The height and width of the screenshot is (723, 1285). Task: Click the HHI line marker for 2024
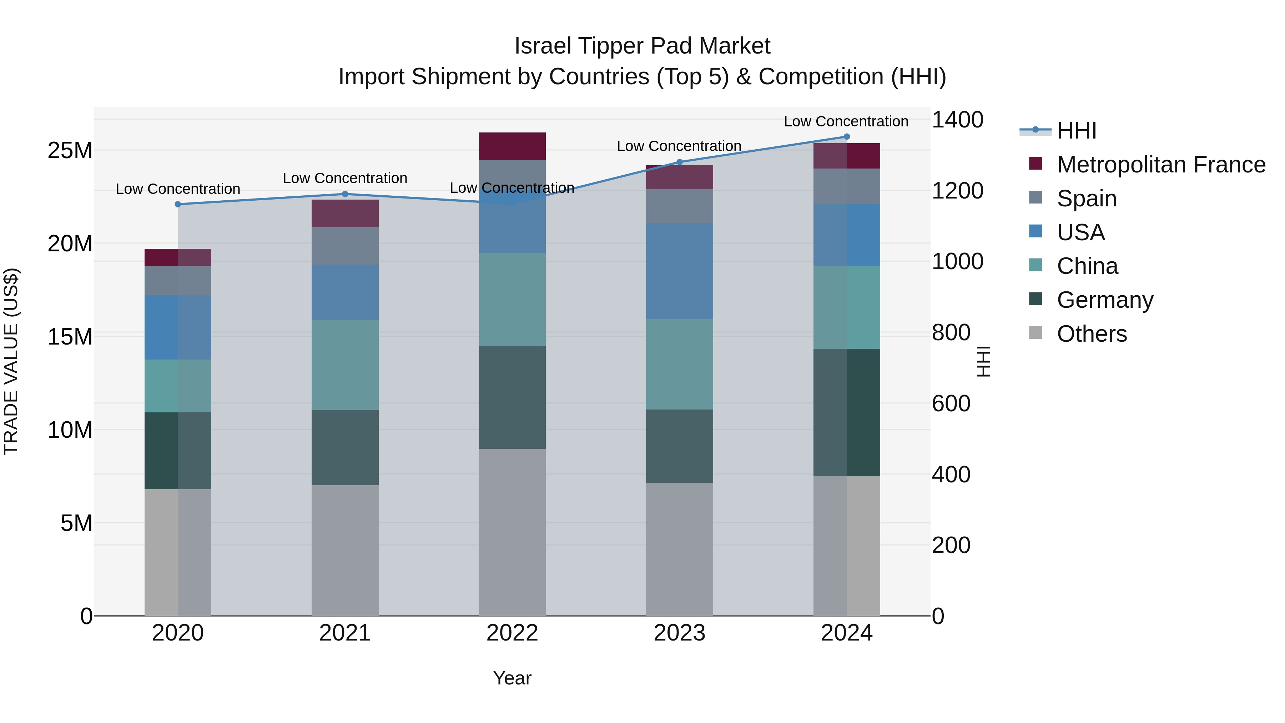click(847, 137)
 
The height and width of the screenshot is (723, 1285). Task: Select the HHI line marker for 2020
click(178, 204)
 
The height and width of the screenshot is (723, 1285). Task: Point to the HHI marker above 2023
click(679, 162)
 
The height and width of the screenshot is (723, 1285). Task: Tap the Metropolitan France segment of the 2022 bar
click(512, 146)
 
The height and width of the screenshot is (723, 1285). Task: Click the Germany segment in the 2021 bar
click(345, 448)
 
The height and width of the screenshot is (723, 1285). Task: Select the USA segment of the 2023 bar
click(679, 271)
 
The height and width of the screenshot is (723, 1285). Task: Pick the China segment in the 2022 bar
click(512, 300)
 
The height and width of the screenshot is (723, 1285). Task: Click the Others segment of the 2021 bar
click(345, 550)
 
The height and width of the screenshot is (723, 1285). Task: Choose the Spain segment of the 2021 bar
click(345, 246)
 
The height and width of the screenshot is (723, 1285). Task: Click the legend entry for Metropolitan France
click(1161, 165)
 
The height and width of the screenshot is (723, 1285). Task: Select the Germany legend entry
click(1105, 300)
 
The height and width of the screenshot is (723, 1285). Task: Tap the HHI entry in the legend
click(1077, 131)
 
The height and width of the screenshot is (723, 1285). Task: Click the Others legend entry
click(1092, 334)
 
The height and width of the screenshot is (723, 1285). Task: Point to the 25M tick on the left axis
click(70, 150)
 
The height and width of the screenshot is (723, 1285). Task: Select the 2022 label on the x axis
click(512, 633)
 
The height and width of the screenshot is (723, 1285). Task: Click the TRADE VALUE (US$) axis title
click(11, 361)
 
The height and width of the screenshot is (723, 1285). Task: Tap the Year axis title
click(512, 678)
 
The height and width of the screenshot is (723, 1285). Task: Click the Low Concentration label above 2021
click(345, 178)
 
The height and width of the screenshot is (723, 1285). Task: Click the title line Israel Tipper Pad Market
click(642, 46)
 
